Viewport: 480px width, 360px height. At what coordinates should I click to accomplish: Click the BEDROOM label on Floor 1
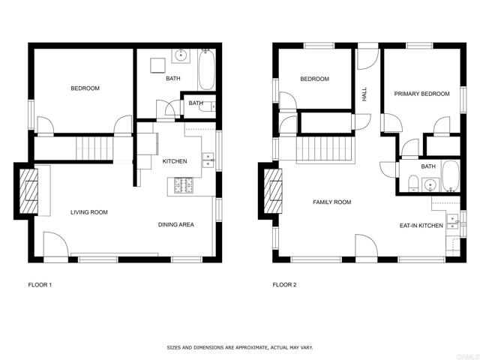[x=85, y=88]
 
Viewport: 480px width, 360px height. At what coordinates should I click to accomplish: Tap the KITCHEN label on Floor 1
[x=175, y=161]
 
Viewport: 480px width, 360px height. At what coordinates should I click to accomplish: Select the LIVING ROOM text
[x=89, y=212]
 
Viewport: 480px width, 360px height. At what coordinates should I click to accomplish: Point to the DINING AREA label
[x=176, y=224]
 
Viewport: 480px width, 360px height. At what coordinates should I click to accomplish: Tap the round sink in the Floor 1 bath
[x=181, y=55]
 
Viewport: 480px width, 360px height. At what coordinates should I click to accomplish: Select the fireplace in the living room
[x=28, y=192]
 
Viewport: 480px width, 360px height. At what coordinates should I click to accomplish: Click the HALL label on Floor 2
[x=364, y=94]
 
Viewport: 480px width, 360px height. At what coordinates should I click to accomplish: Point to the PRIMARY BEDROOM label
[x=422, y=94]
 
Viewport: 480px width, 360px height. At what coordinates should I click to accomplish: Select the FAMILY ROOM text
[x=331, y=202]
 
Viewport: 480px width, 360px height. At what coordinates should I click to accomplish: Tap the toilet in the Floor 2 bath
[x=412, y=181]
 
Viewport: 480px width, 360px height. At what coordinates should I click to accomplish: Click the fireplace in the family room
[x=272, y=192]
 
